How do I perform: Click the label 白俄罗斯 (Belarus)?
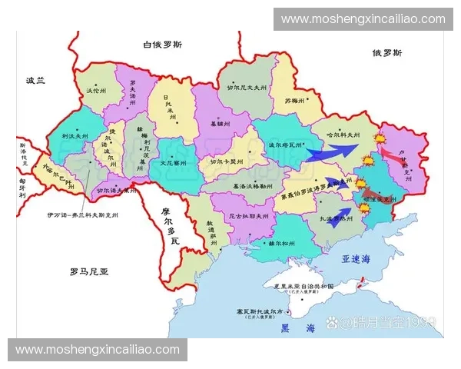[163, 44]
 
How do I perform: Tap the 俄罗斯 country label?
[387, 52]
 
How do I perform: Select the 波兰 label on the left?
[36, 80]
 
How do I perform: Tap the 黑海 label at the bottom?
[298, 328]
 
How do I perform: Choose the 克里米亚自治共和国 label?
[301, 286]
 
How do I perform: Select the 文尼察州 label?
[174, 163]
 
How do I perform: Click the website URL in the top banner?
[363, 18]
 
